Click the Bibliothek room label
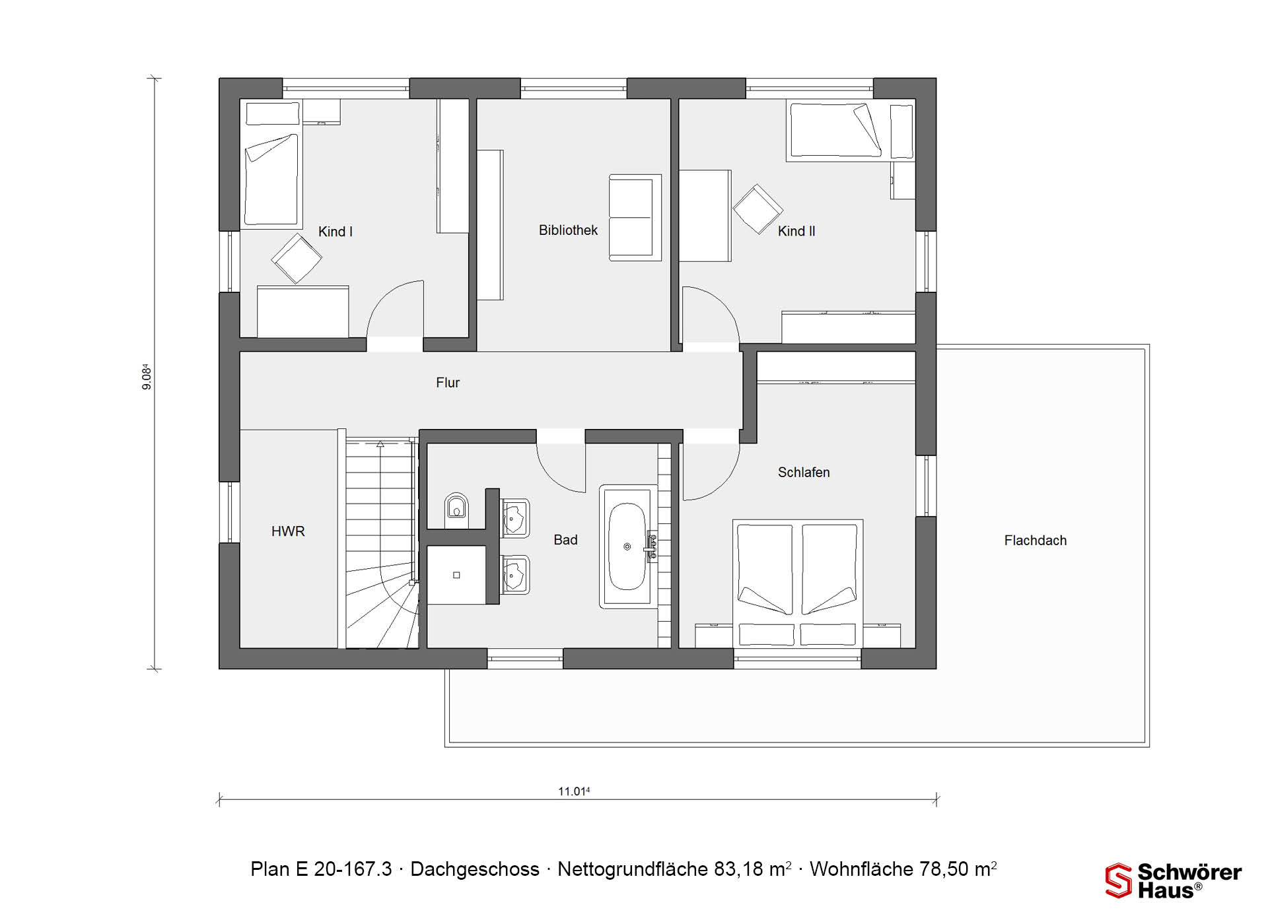(x=568, y=230)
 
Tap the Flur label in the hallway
(x=448, y=383)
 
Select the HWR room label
(x=288, y=531)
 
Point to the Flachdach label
(x=1035, y=541)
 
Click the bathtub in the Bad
(x=628, y=546)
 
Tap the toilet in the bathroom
(x=456, y=508)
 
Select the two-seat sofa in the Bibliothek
(x=635, y=217)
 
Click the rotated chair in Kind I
(x=297, y=259)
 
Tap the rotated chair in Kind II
(x=758, y=209)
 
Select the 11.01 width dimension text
(x=574, y=791)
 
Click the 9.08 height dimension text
(x=147, y=378)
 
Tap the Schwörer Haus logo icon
(x=1119, y=880)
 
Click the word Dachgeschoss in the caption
(x=475, y=869)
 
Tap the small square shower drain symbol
(x=456, y=576)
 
